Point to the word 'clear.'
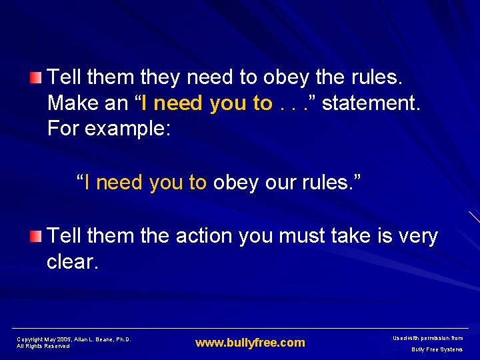point(72,262)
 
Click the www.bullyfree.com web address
point(250,343)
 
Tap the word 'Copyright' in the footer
point(30,339)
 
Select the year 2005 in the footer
point(64,339)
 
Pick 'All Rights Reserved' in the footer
point(43,346)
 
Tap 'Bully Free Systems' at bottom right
point(437,349)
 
